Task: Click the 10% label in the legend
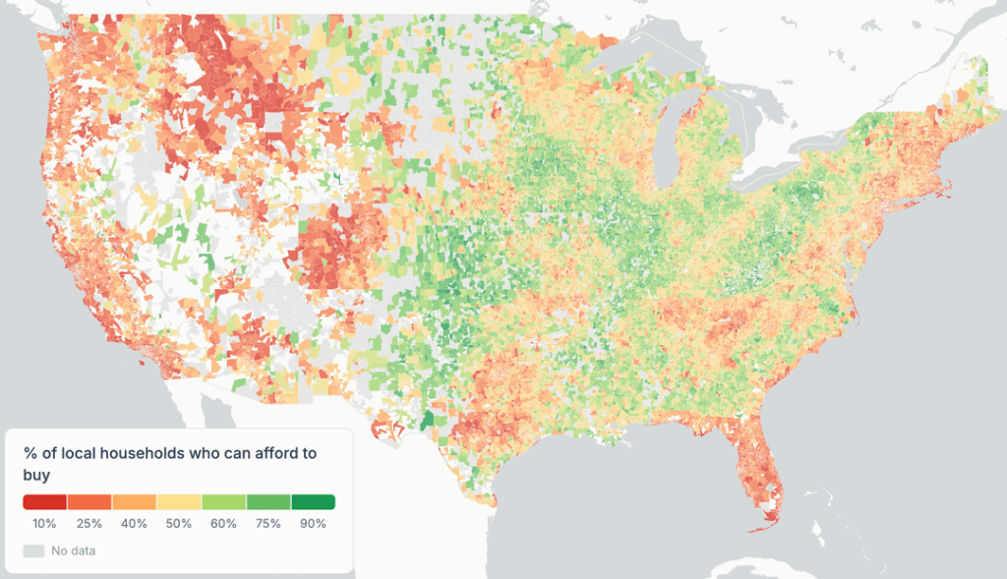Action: point(44,524)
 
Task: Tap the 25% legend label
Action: point(90,524)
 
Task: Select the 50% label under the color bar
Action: point(179,524)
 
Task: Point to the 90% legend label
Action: point(313,524)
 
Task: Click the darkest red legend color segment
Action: point(45,502)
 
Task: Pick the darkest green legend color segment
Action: point(313,502)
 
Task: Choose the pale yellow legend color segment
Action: point(179,502)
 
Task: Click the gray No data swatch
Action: point(34,550)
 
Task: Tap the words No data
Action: point(74,550)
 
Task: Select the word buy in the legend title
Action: point(36,475)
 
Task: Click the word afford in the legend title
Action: point(265,453)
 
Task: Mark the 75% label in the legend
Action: point(268,524)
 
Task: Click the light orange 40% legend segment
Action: point(135,502)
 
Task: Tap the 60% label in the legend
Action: point(223,524)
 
